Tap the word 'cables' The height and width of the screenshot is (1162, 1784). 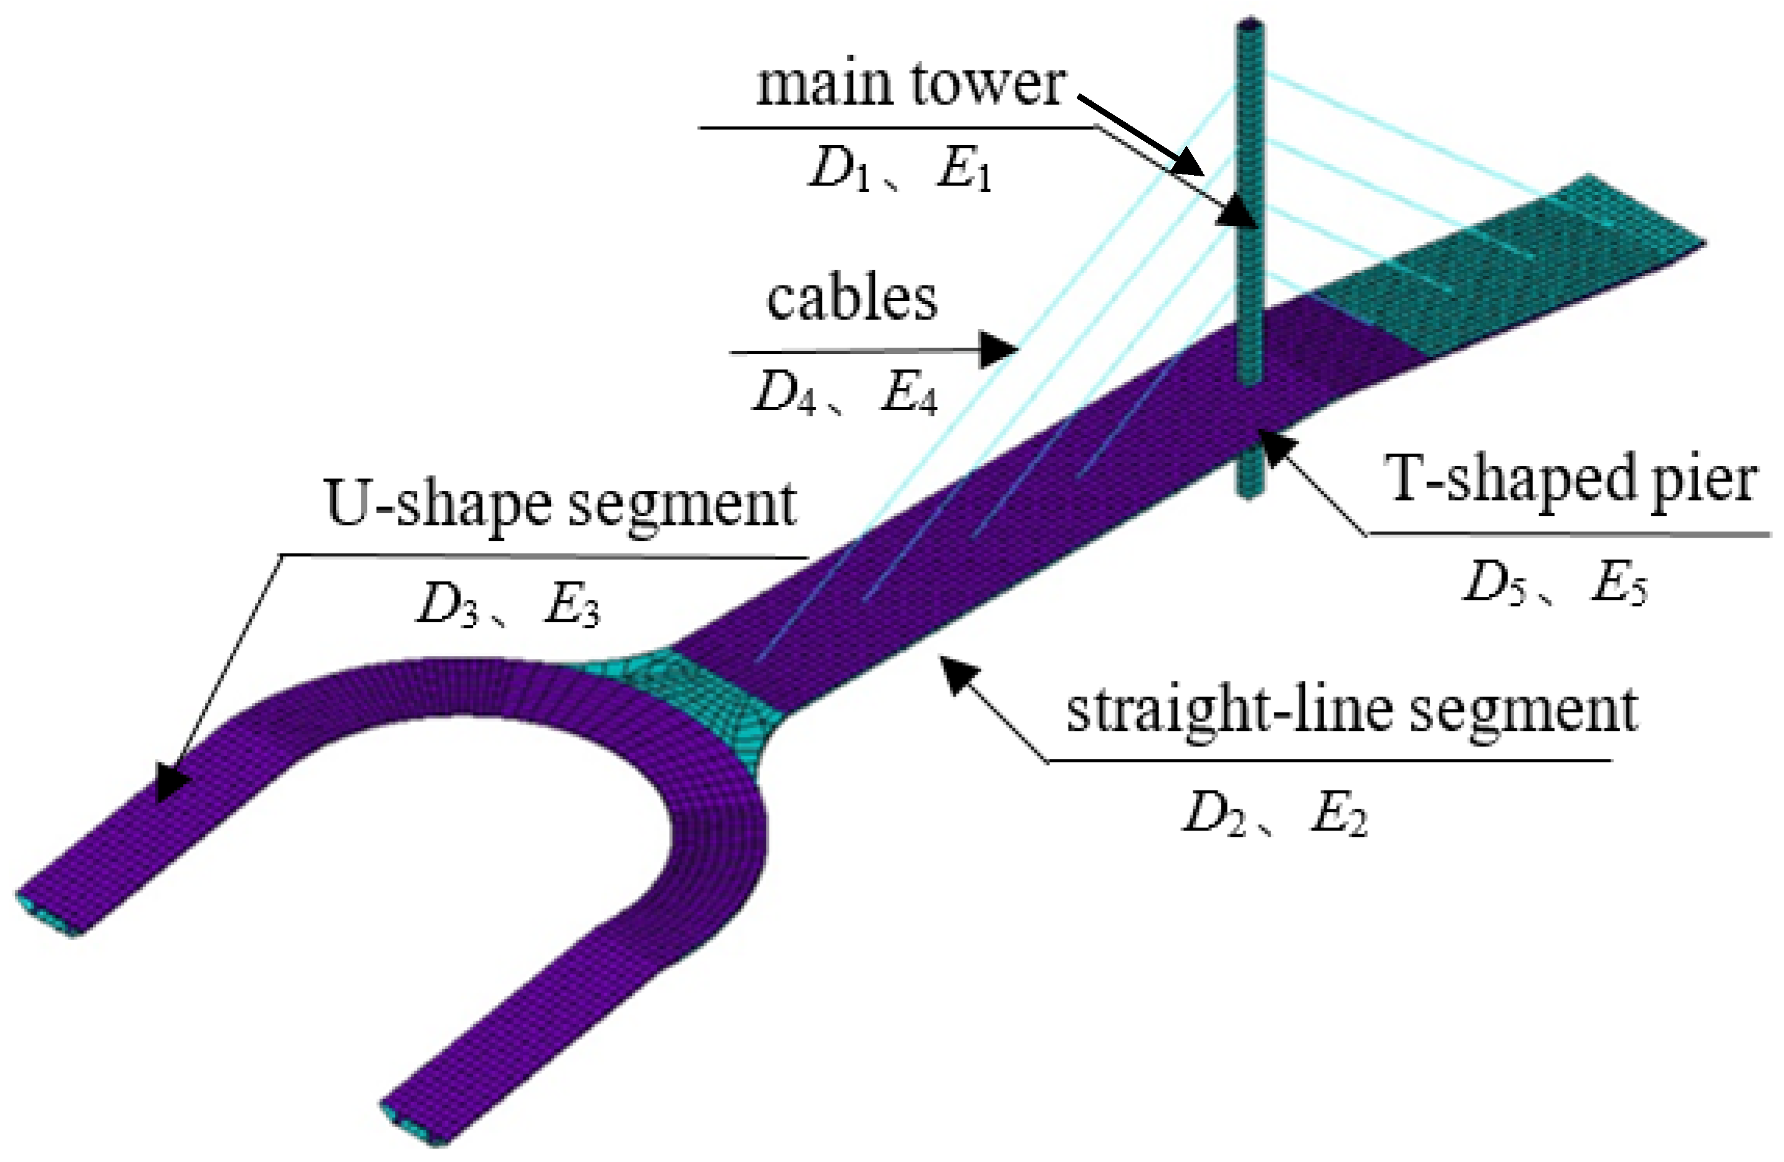pos(852,299)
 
